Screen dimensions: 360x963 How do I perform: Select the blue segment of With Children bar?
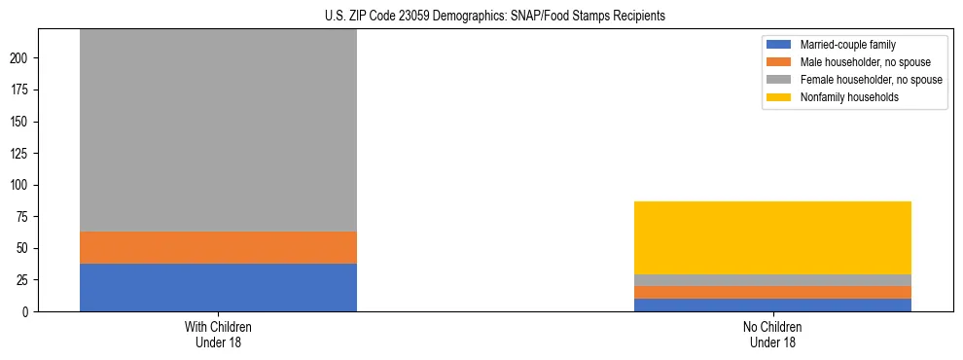218,288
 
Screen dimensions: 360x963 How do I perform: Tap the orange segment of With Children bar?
218,248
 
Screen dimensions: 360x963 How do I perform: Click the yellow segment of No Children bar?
772,238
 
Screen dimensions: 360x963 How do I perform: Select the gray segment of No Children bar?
772,280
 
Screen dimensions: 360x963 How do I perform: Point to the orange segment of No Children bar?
772,292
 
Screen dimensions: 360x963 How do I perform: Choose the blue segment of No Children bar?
772,305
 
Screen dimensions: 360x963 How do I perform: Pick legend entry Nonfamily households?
842,97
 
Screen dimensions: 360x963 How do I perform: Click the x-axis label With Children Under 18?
218,334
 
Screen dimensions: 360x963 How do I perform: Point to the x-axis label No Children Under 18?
772,334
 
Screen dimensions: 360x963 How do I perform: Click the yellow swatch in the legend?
779,97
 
